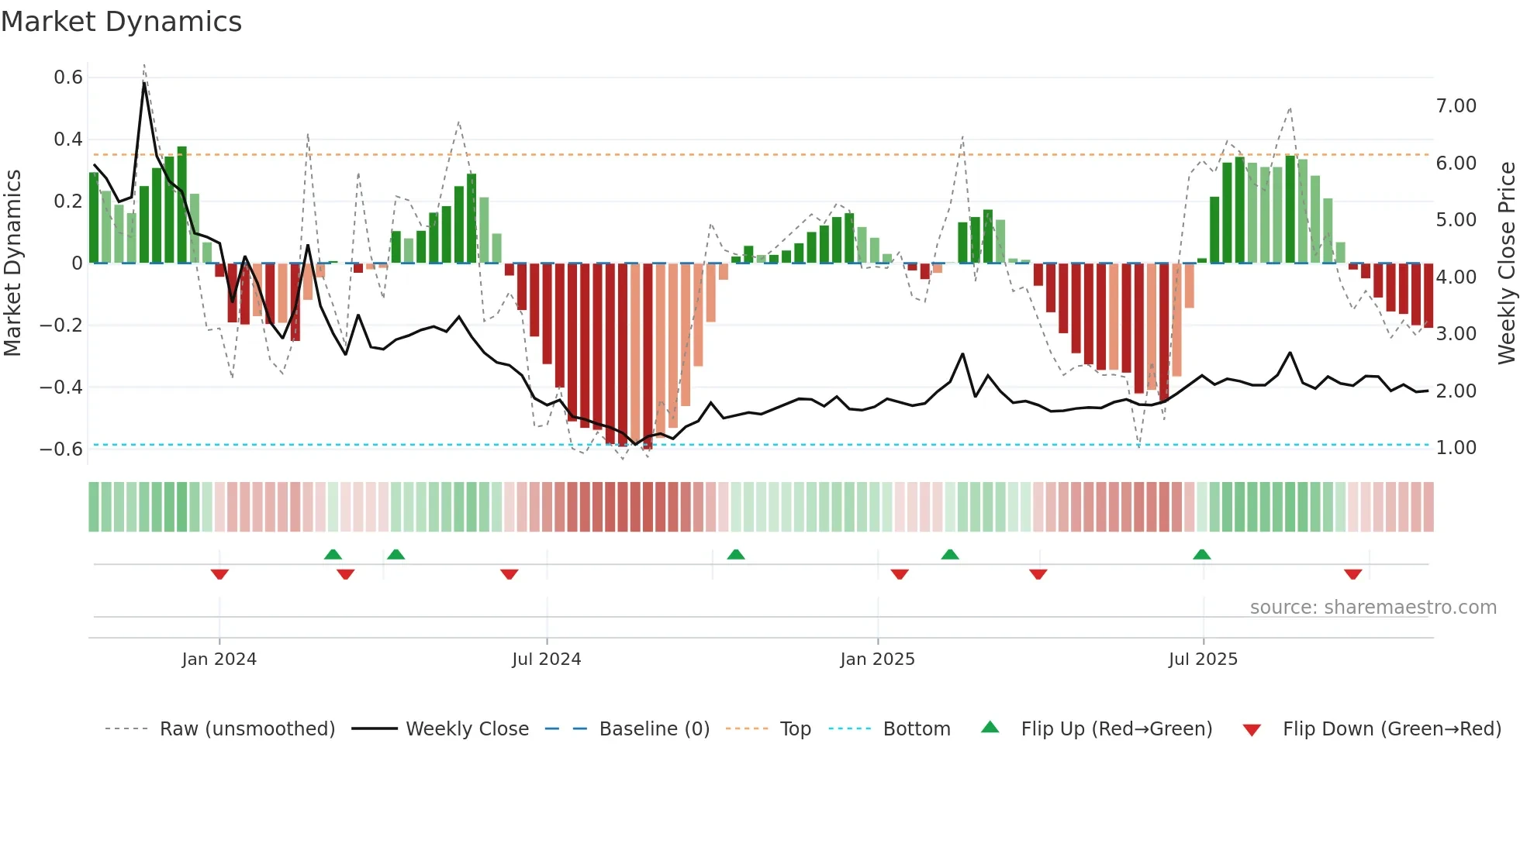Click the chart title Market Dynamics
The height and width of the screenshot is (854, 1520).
tap(121, 22)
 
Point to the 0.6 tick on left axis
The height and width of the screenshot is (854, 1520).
tap(68, 77)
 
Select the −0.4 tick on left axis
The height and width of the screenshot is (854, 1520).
tap(61, 387)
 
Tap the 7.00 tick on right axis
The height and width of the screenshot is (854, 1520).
tap(1456, 106)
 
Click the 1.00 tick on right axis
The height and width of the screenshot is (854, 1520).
tap(1456, 448)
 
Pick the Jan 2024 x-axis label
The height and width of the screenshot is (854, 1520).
tap(219, 659)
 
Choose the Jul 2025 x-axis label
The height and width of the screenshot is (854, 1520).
tap(1203, 659)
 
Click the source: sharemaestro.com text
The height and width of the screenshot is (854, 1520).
tap(1373, 608)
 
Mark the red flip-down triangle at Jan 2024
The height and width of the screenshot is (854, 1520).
tap(219, 574)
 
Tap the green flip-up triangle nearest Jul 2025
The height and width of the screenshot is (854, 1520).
tap(1201, 554)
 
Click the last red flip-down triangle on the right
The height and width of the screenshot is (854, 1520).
tap(1352, 574)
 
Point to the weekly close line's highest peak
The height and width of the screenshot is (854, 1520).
tap(144, 82)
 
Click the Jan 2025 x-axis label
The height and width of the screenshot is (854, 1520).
tap(877, 659)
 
